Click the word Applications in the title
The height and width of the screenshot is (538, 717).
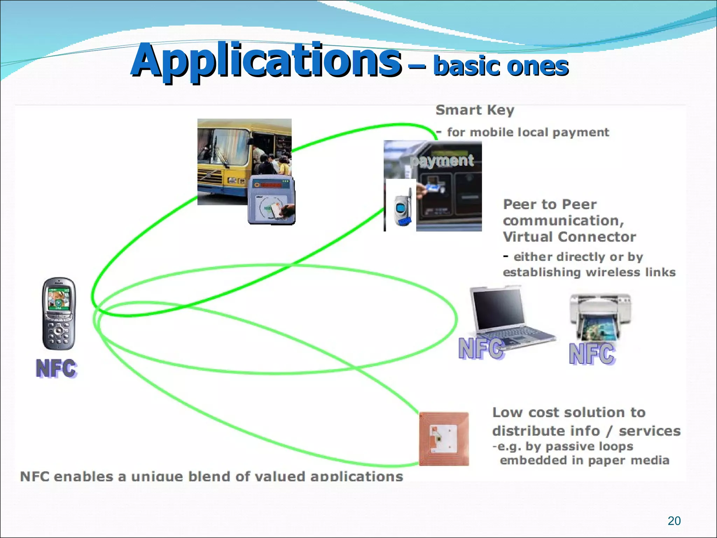(266, 60)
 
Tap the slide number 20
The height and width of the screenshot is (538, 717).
(674, 521)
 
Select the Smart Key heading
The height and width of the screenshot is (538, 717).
(475, 110)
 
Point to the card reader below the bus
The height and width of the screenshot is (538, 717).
(271, 201)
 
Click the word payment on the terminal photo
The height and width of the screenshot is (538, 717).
(443, 160)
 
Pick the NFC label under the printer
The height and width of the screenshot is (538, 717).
(592, 354)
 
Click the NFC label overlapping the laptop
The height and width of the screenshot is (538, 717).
(481, 349)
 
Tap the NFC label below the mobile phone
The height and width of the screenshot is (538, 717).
(56, 368)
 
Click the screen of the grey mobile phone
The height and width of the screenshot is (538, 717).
(58, 299)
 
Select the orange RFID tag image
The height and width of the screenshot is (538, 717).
(444, 439)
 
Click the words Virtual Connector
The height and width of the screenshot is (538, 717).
(569, 237)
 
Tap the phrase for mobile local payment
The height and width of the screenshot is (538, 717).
(528, 132)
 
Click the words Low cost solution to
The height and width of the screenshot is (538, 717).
(569, 413)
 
